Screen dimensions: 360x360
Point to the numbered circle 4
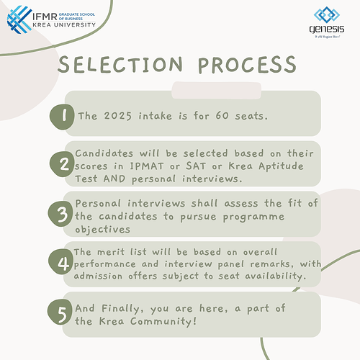pyautogui.click(x=63, y=265)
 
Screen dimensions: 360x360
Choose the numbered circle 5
pyautogui.click(x=63, y=312)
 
